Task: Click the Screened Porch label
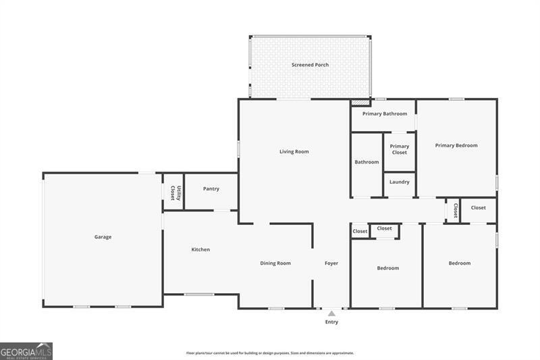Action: (310, 65)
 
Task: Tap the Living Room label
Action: (294, 151)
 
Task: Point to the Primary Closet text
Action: (399, 149)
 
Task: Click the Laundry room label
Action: (399, 182)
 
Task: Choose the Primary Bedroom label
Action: (456, 145)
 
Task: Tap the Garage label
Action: (103, 237)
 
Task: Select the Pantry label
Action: (211, 188)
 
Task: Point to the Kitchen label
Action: (200, 249)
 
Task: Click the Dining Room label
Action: (275, 263)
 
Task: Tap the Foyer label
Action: (331, 263)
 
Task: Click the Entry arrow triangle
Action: (331, 313)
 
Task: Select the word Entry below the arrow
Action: (331, 322)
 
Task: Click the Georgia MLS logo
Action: (26, 351)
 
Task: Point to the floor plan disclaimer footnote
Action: (270, 353)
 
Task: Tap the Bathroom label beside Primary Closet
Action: (367, 162)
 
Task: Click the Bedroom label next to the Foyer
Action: (387, 268)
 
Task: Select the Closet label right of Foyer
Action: (360, 232)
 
